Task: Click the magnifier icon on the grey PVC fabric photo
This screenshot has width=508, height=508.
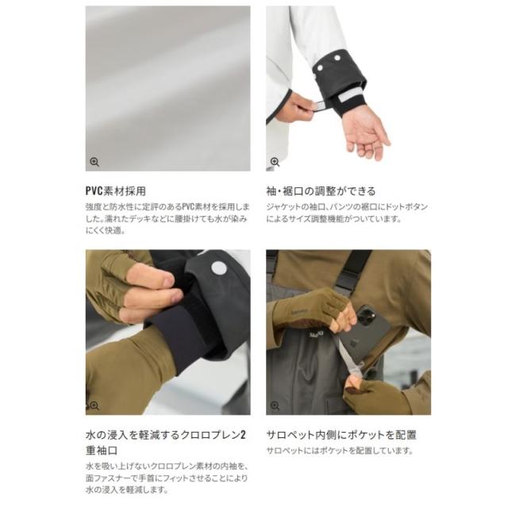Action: click(94, 162)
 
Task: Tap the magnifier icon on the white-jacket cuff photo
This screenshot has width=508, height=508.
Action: click(275, 162)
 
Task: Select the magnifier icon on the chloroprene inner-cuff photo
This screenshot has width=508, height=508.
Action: click(94, 406)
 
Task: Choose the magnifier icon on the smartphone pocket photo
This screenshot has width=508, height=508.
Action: click(275, 406)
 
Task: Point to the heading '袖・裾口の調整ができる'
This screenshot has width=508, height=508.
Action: click(321, 191)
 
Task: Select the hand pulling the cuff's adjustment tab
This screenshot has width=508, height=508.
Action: click(294, 107)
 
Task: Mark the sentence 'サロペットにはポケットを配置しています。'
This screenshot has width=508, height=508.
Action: click(340, 451)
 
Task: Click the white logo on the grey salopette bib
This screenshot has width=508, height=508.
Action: click(315, 334)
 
